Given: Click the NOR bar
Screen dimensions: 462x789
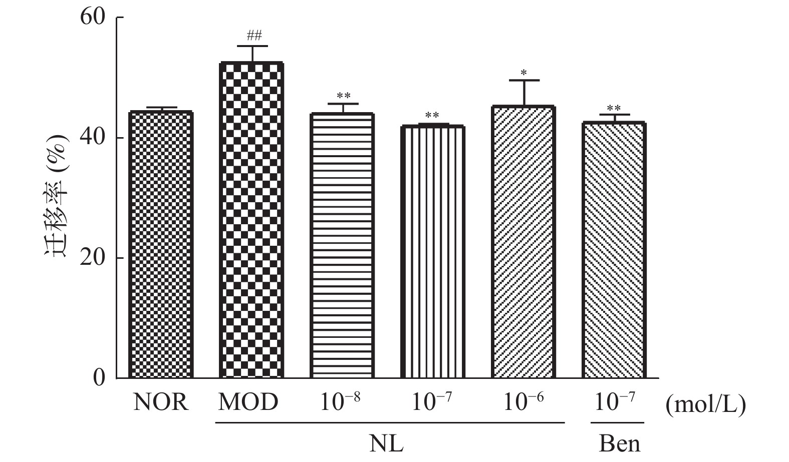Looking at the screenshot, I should pos(161,245).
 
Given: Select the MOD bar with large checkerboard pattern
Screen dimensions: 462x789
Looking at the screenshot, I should pos(251,220).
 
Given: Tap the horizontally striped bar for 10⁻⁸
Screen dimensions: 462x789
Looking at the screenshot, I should pos(342,245).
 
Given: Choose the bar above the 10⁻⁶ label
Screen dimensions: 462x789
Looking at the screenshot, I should pos(523,242).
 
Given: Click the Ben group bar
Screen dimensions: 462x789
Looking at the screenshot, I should pos(614,250).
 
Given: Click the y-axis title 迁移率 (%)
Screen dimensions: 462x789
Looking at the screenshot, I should pos(57,195).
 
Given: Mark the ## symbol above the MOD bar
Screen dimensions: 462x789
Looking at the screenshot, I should pos(254,36).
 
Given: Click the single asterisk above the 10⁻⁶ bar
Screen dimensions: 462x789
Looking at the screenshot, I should pos(523,73).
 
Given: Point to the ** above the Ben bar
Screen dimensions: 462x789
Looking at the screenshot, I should pos(614,109).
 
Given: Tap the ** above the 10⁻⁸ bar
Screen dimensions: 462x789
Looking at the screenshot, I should pos(343,96).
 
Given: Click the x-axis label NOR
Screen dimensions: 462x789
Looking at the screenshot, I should pos(161,402).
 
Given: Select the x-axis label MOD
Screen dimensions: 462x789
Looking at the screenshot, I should pos(248,402).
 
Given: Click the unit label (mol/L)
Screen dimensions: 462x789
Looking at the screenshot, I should pos(705,404).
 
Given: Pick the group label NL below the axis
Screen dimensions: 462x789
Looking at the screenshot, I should pos(386,443).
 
